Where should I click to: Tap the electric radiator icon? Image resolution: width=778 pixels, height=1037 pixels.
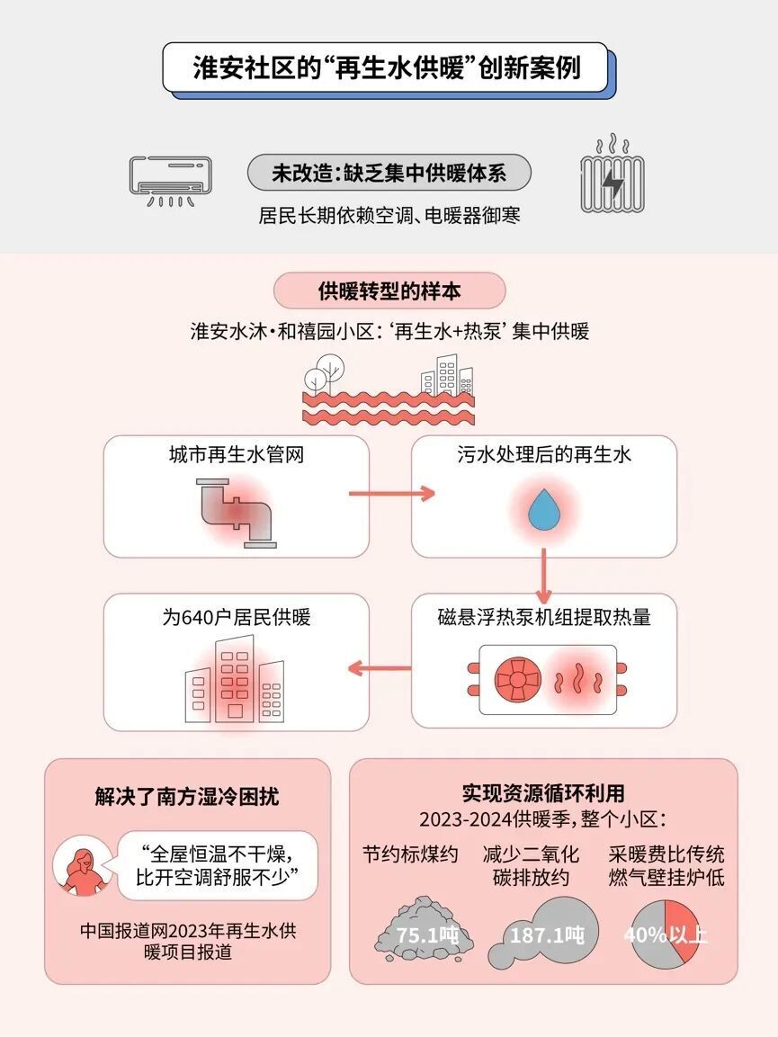click(x=613, y=179)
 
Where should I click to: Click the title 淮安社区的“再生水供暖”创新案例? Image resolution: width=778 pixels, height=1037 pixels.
click(x=387, y=67)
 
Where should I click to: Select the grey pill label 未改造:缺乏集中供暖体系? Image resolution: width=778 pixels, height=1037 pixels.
click(x=389, y=173)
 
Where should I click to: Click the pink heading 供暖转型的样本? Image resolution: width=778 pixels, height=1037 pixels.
click(x=389, y=291)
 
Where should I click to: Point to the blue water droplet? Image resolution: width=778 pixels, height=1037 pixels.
click(x=543, y=510)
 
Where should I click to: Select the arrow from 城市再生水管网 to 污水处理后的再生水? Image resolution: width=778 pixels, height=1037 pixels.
click(x=390, y=494)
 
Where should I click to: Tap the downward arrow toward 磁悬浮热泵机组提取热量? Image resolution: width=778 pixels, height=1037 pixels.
click(x=543, y=576)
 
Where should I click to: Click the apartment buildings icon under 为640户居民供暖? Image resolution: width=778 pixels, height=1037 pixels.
click(x=235, y=680)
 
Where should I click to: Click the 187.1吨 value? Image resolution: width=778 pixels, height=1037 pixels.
click(x=547, y=934)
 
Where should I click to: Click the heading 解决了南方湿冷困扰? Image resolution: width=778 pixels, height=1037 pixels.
click(x=187, y=796)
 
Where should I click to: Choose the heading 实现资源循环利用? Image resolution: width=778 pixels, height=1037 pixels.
click(x=542, y=793)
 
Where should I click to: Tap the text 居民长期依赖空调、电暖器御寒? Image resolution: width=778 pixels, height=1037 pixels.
click(x=389, y=216)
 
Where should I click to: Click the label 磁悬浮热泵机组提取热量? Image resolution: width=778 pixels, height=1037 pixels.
click(x=543, y=617)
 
